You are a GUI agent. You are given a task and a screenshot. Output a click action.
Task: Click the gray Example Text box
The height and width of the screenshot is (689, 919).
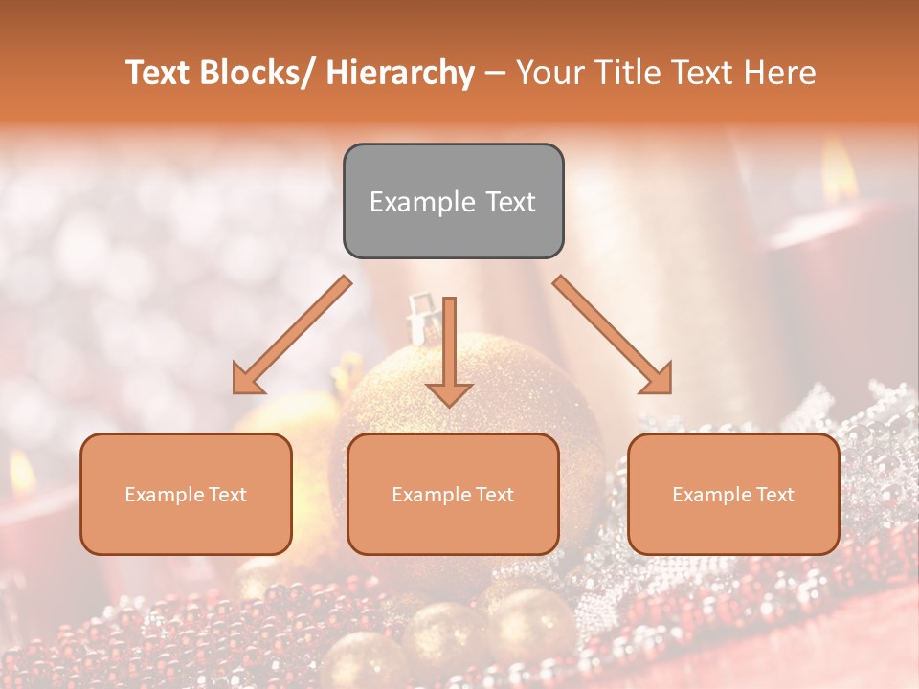(x=453, y=201)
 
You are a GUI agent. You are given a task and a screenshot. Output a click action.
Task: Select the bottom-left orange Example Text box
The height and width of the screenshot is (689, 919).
(x=186, y=494)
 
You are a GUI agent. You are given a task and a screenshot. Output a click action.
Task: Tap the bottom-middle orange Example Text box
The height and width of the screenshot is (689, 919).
(x=453, y=494)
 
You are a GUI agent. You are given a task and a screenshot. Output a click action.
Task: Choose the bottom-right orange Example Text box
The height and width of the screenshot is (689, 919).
(x=733, y=494)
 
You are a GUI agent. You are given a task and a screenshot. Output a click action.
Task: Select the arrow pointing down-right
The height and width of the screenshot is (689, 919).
(x=614, y=336)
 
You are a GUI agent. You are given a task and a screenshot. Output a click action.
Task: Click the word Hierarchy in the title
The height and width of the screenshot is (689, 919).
(x=400, y=73)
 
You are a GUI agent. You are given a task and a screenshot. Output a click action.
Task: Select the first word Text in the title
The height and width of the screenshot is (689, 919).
(x=158, y=73)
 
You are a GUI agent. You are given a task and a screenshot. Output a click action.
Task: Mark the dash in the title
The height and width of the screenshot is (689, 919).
(x=495, y=73)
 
